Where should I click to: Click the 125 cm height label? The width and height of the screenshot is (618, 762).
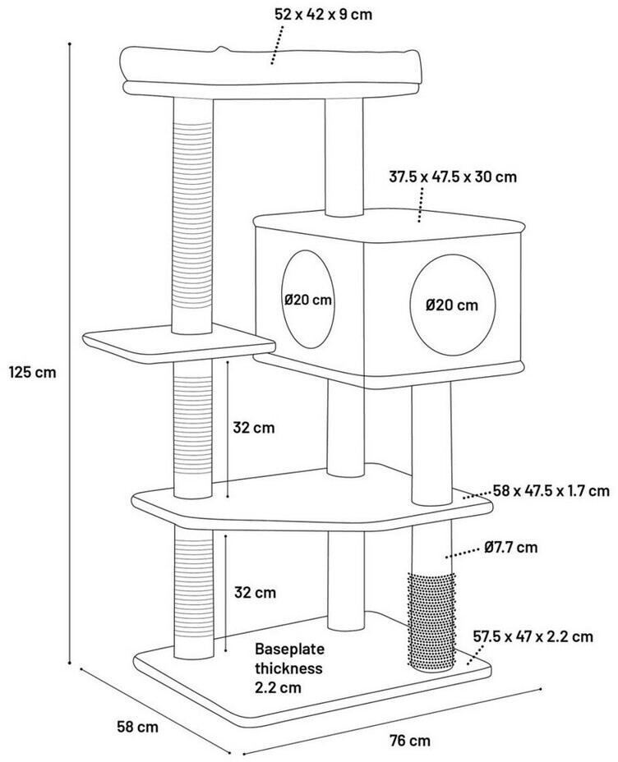32,372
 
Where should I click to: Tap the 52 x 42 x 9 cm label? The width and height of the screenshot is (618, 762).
323,14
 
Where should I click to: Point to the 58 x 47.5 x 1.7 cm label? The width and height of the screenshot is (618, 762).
551,491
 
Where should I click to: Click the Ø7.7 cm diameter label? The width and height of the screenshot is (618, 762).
510,546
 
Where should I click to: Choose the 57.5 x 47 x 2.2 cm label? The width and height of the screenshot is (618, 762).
533,636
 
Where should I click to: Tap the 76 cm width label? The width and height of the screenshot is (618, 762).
408,741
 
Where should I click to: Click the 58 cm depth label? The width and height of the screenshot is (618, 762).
136,726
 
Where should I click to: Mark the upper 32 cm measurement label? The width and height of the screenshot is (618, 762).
253,428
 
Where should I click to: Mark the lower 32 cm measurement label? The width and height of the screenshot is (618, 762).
253,592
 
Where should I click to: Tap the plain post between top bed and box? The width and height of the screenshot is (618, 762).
344,156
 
